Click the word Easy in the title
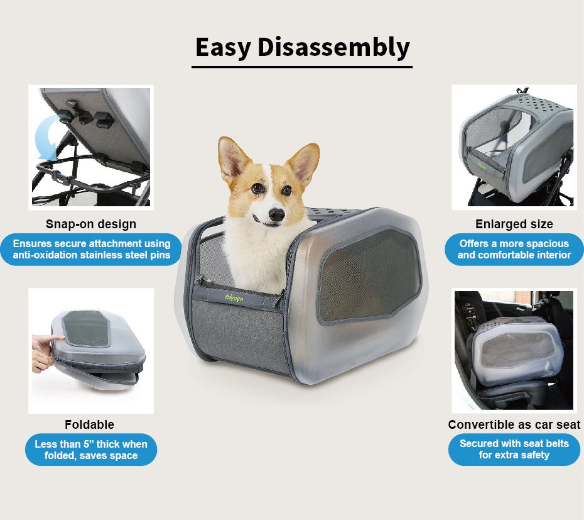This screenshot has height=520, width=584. [x=223, y=48]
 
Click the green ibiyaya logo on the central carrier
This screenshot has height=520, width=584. [x=234, y=298]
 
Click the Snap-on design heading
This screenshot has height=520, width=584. [x=90, y=224]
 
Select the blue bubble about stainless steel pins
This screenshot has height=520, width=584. [x=91, y=249]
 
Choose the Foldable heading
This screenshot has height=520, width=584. [x=89, y=424]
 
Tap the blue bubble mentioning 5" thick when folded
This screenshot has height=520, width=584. [x=91, y=450]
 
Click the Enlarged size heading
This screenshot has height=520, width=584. [x=514, y=224]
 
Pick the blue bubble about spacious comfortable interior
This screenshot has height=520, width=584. [x=514, y=249]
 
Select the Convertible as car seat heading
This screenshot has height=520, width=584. [x=514, y=424]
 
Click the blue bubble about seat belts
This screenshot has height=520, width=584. [x=514, y=450]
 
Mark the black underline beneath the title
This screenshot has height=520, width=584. [x=301, y=66]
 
